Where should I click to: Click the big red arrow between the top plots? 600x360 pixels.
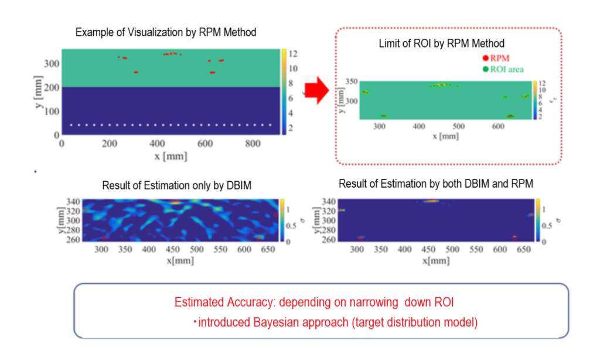[x=320, y=93]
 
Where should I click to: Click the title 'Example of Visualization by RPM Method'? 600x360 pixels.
[x=166, y=32]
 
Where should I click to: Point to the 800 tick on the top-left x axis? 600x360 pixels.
[x=253, y=143]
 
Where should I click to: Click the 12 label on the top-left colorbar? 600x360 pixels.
[x=293, y=53]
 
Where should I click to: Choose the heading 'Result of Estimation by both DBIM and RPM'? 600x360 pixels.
[x=436, y=184]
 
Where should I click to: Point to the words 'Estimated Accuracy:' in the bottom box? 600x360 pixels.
[x=225, y=303]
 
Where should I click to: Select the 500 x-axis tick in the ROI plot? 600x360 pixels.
[x=458, y=126]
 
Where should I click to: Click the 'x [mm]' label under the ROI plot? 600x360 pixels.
[x=446, y=136]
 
